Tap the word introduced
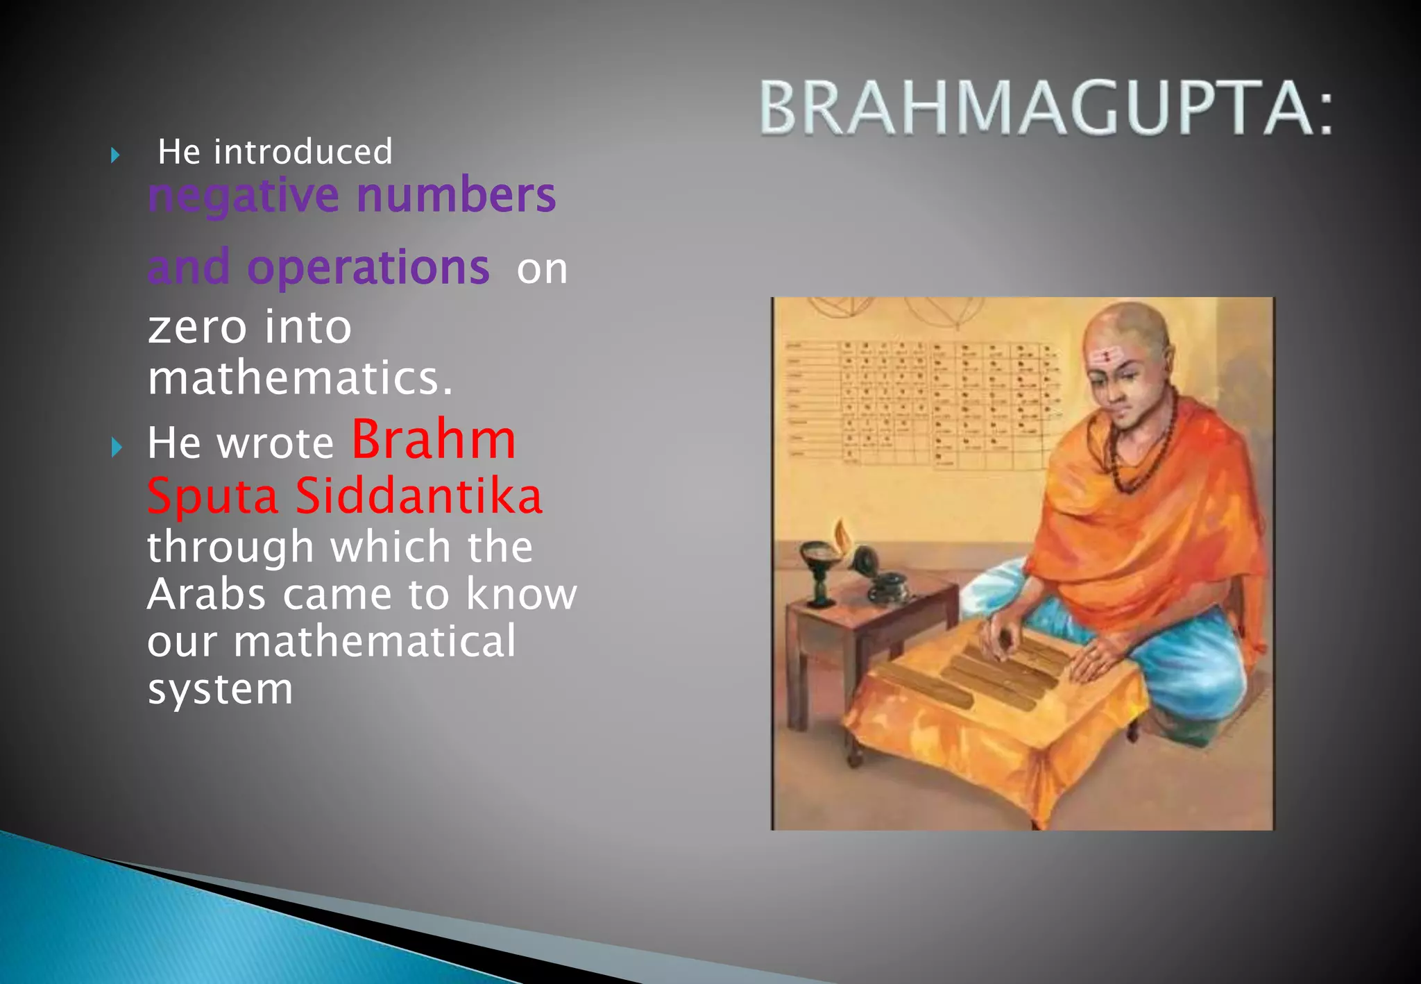pyautogui.click(x=303, y=152)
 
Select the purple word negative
pyautogui.click(x=244, y=196)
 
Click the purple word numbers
pyautogui.click(x=456, y=196)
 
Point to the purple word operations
pyautogui.click(x=368, y=268)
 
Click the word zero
pyautogui.click(x=197, y=327)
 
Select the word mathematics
pyautogui.click(x=300, y=379)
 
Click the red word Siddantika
pyautogui.click(x=418, y=496)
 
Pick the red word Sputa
pyautogui.click(x=212, y=498)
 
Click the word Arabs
pyautogui.click(x=206, y=594)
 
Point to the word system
pyautogui.click(x=220, y=689)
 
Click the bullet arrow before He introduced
pyautogui.click(x=115, y=155)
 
